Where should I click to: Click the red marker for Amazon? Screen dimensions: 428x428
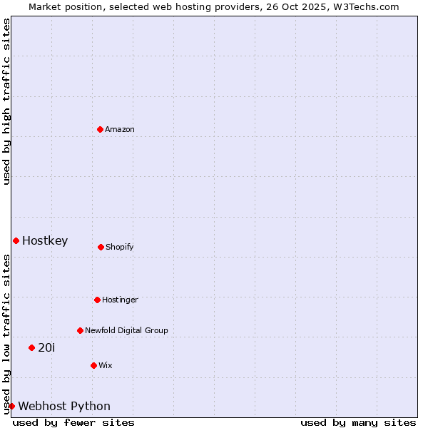[x=100, y=129]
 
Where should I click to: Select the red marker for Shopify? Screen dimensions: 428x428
[x=101, y=247]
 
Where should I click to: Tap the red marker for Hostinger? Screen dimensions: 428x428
[x=97, y=300]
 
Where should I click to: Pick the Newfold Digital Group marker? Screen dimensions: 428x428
[x=80, y=330]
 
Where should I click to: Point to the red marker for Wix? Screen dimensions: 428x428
[x=93, y=365]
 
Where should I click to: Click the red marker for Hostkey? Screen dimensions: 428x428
[x=16, y=240]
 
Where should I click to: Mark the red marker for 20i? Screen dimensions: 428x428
[x=31, y=347]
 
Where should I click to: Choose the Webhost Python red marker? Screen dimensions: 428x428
[x=11, y=406]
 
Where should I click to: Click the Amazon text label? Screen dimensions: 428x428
[x=120, y=129]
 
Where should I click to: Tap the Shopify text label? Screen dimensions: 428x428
[x=120, y=247]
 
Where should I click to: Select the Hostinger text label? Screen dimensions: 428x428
[x=120, y=300]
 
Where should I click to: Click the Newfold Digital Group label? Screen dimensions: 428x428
[x=126, y=330]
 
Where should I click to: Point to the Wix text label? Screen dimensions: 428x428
[x=106, y=365]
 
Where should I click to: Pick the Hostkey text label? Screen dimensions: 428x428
[x=45, y=240]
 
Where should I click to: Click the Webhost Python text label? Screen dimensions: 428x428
[x=64, y=406]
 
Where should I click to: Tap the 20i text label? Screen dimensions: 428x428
[x=46, y=347]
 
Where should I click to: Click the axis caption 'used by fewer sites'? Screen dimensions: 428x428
[x=73, y=422]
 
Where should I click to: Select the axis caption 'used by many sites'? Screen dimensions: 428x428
[x=358, y=422]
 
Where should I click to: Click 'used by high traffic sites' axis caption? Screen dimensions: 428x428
[x=6, y=101]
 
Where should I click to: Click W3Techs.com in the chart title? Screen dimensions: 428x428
[x=364, y=6]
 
